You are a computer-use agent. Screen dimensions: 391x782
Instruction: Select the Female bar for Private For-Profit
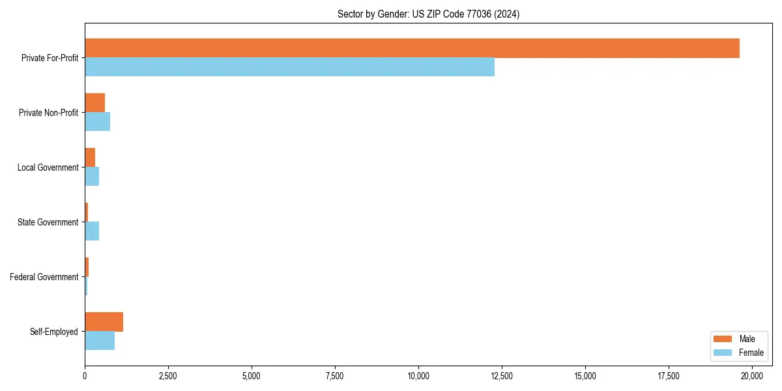pyautogui.click(x=289, y=67)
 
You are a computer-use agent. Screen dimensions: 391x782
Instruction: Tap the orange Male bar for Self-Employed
pyautogui.click(x=104, y=322)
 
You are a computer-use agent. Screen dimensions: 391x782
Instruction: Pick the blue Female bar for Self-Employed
pyautogui.click(x=100, y=340)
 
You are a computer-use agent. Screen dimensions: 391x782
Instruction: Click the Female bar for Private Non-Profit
pyautogui.click(x=97, y=122)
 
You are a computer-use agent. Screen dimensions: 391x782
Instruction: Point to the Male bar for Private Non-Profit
pyautogui.click(x=94, y=103)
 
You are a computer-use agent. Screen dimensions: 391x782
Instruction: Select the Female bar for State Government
pyautogui.click(x=92, y=231)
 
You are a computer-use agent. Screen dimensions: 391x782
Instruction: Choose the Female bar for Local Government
pyautogui.click(x=92, y=177)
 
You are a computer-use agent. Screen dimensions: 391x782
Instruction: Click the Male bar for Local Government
pyautogui.click(x=90, y=158)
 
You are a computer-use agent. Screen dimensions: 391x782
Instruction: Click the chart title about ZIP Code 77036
pyautogui.click(x=428, y=14)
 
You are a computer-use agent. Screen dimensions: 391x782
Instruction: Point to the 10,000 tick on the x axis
pyautogui.click(x=418, y=376)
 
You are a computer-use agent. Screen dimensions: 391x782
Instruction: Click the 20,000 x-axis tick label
pyautogui.click(x=752, y=376)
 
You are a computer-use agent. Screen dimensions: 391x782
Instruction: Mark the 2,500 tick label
pyautogui.click(x=168, y=376)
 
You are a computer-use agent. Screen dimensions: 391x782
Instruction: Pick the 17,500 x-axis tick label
pyautogui.click(x=669, y=376)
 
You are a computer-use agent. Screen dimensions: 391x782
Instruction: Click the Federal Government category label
pyautogui.click(x=44, y=277)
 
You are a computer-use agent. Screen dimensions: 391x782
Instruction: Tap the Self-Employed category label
pyautogui.click(x=54, y=332)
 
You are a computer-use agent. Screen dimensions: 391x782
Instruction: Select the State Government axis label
pyautogui.click(x=48, y=222)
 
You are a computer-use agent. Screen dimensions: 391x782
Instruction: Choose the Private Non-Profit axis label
pyautogui.click(x=49, y=113)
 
